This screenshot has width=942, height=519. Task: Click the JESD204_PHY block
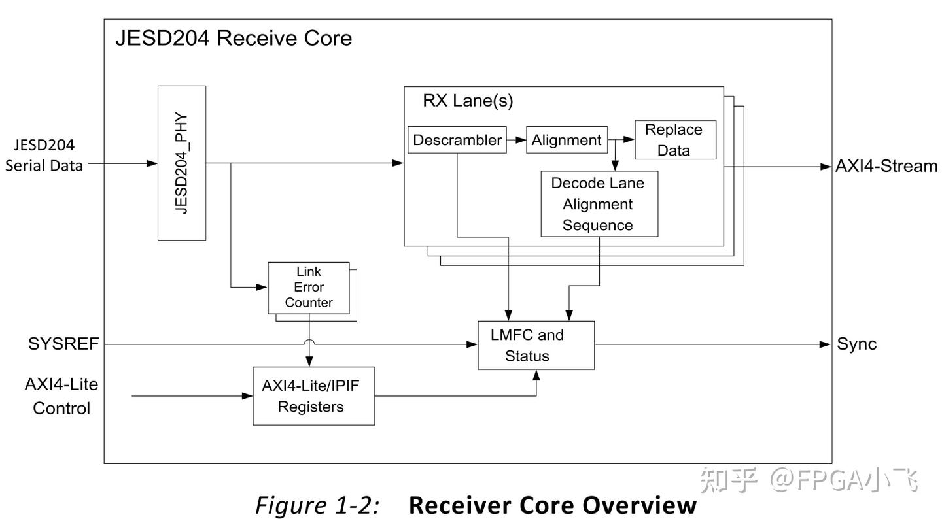click(x=181, y=163)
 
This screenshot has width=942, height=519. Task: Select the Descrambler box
click(x=457, y=140)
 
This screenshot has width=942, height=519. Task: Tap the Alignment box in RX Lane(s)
click(x=567, y=140)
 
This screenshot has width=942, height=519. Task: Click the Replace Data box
click(x=674, y=140)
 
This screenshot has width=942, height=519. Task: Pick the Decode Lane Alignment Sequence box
click(x=599, y=204)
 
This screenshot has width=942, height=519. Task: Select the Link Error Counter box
click(x=309, y=288)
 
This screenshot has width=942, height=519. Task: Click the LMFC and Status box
click(x=536, y=345)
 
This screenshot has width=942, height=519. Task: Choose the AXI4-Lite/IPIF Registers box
click(x=313, y=396)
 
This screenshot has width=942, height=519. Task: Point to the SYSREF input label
click(x=63, y=344)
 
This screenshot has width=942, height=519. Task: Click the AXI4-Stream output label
click(x=886, y=166)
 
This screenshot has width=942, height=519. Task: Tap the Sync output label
click(x=856, y=344)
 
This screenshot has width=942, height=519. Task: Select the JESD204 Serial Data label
click(x=44, y=156)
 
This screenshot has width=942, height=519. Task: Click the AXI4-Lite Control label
click(x=61, y=396)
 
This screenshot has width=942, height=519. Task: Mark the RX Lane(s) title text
click(x=468, y=101)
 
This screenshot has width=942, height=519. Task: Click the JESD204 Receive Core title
click(x=234, y=38)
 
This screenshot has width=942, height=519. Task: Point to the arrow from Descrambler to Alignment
click(x=516, y=140)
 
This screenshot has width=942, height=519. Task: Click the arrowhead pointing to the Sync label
click(x=825, y=344)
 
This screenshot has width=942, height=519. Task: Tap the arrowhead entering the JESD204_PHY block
click(x=152, y=163)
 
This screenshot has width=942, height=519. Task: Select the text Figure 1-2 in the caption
click(x=317, y=505)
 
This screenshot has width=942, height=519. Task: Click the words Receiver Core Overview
click(x=553, y=505)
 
